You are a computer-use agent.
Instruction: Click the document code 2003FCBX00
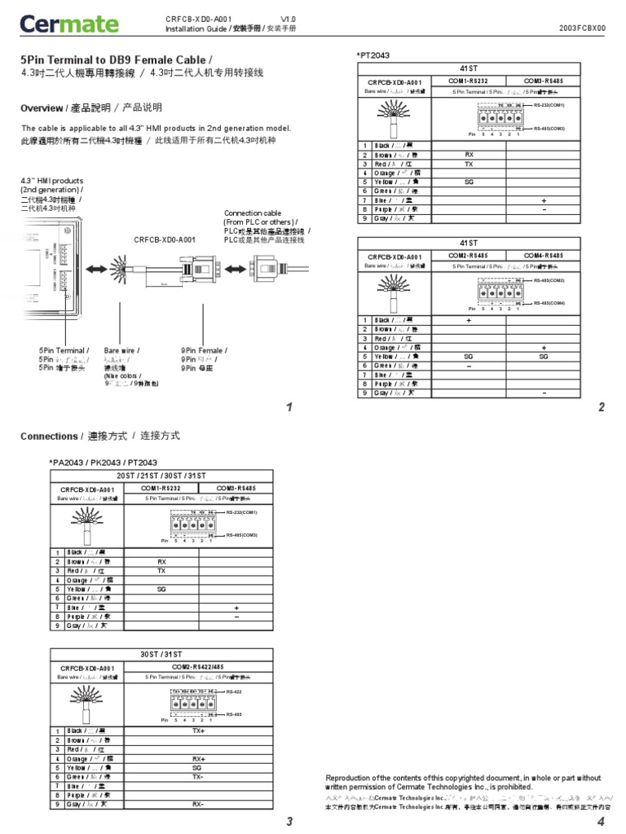click(x=582, y=28)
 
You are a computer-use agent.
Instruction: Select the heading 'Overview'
click(x=42, y=108)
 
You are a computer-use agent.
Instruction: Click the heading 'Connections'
click(x=50, y=437)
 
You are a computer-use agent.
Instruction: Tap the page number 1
click(x=289, y=407)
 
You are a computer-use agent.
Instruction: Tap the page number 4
click(x=600, y=822)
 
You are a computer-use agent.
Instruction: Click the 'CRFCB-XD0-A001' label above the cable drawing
click(x=165, y=239)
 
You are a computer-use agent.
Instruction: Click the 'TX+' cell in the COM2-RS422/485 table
click(x=197, y=731)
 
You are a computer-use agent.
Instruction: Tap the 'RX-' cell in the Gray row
click(x=197, y=804)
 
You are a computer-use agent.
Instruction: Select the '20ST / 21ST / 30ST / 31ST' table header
click(x=157, y=475)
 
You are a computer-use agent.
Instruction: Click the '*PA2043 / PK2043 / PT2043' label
click(x=104, y=463)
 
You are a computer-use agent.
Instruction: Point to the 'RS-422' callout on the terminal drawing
click(x=235, y=691)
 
